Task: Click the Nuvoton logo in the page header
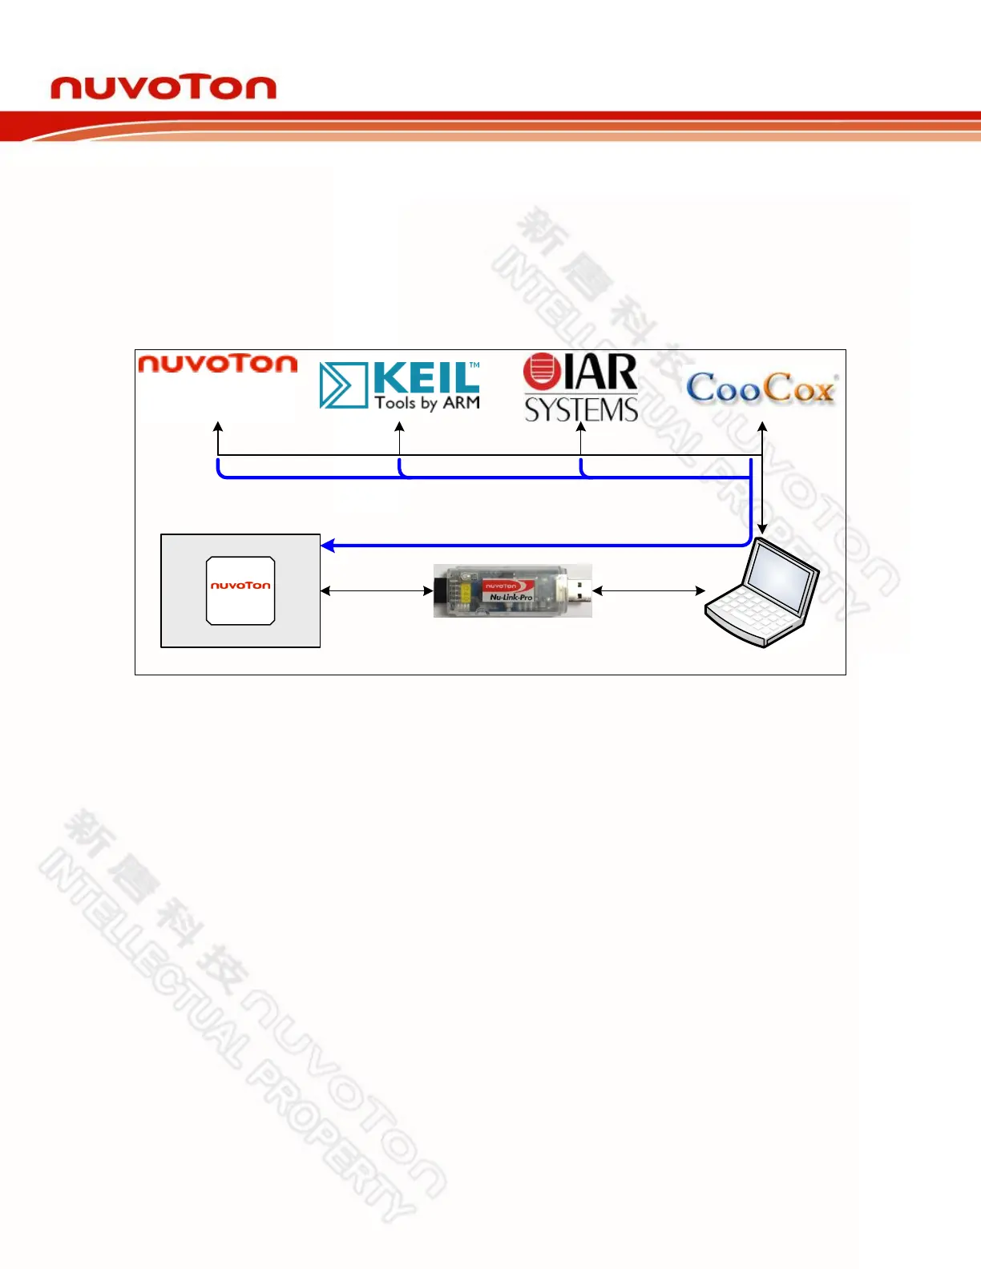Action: point(163,87)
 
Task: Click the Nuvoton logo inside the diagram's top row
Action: point(217,364)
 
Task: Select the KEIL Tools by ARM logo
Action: point(400,385)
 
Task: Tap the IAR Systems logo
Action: point(581,388)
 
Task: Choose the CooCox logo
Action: point(761,389)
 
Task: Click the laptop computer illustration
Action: point(761,593)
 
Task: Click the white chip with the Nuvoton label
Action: point(240,590)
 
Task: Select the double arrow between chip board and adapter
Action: point(377,591)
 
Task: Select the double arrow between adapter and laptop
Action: point(648,591)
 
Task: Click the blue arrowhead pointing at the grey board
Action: point(328,546)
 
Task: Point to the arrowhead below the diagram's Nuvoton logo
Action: point(218,428)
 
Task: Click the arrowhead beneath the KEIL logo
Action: point(400,428)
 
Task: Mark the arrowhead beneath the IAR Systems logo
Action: point(581,428)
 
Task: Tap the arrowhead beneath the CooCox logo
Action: point(763,428)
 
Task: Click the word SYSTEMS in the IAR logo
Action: point(581,410)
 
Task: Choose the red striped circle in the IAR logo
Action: point(540,372)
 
